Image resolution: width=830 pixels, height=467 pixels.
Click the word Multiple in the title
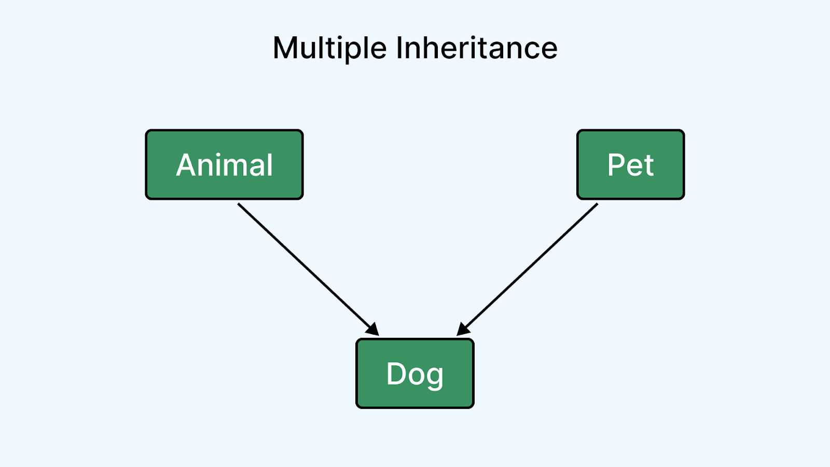click(x=330, y=49)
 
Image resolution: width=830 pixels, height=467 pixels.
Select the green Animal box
click(x=224, y=164)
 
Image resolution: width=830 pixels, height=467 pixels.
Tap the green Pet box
click(x=630, y=164)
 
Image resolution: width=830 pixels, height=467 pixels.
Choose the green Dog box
click(x=415, y=373)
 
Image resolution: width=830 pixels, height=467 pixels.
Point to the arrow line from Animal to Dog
click(x=308, y=269)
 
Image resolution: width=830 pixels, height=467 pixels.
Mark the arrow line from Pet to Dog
click(x=527, y=269)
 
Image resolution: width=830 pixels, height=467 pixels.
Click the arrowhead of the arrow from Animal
click(x=373, y=330)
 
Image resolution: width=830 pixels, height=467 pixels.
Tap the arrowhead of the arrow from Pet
click(x=463, y=330)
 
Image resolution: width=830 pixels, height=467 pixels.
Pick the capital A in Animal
click(x=186, y=165)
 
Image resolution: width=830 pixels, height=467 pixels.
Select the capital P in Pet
click(x=616, y=165)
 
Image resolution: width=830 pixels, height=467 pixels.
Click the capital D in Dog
click(x=396, y=374)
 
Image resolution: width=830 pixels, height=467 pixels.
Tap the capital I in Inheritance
click(x=399, y=48)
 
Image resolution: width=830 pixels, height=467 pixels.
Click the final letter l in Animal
click(x=270, y=164)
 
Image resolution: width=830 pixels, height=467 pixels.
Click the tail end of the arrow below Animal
click(x=238, y=203)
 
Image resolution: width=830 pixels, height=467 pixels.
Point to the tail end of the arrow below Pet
click(x=598, y=203)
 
